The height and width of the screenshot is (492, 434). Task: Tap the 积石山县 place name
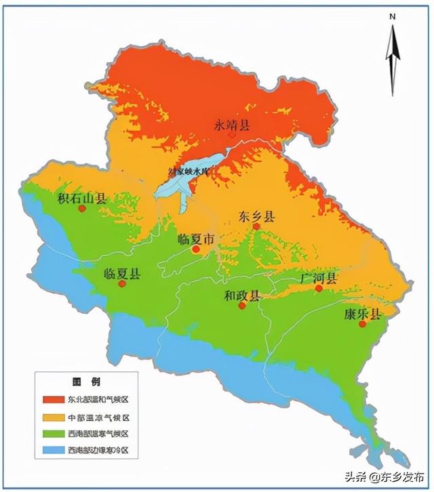[82, 198]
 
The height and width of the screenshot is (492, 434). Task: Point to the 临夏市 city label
[195, 239]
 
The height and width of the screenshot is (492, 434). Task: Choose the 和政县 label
[242, 295]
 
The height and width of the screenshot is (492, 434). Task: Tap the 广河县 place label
[318, 279]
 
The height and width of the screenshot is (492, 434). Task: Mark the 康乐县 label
[362, 314]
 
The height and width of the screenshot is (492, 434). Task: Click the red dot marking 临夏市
[195, 249]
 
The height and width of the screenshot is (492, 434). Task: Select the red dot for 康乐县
[362, 325]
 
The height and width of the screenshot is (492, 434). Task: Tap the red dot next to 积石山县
[82, 209]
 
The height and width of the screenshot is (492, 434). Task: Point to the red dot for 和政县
[242, 306]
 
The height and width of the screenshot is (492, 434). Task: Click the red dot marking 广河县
[318, 289]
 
